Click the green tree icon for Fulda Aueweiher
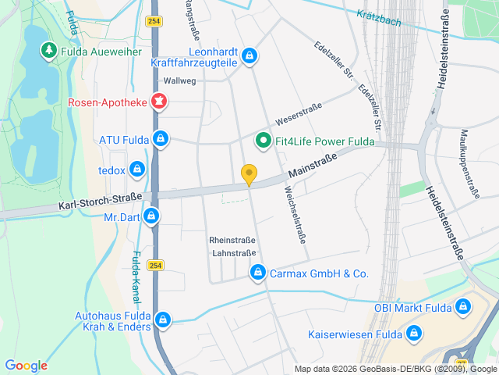48,52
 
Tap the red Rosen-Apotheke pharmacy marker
159,102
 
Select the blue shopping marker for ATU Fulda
160,140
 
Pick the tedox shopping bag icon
137,168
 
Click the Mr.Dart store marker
152,216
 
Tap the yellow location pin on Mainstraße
249,175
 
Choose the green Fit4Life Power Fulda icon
264,141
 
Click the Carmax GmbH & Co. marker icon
257,273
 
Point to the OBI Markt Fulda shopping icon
463,307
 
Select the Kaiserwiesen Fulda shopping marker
413,334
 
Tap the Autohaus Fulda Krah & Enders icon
163,320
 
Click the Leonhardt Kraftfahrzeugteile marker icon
249,55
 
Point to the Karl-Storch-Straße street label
100,202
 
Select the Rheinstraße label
232,240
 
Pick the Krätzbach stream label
379,17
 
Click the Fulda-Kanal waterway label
135,277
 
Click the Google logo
26,365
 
